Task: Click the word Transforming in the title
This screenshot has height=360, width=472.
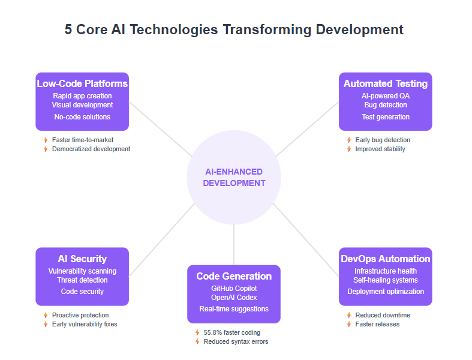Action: coord(267,30)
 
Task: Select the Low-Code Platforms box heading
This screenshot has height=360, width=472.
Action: coord(82,83)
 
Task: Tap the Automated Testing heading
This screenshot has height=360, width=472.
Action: coord(386,83)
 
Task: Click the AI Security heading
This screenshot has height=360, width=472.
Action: coord(82,259)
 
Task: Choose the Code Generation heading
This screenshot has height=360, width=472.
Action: coord(234,276)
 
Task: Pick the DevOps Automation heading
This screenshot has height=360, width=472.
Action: coord(386,259)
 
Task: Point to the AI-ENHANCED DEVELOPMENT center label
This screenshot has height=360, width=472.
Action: coord(234,178)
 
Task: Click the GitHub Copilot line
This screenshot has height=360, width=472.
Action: coord(234,289)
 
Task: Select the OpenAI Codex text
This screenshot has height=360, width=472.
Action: coord(234,298)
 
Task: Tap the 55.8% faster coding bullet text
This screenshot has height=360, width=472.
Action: coord(232,332)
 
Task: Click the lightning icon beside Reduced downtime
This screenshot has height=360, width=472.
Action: coord(349,315)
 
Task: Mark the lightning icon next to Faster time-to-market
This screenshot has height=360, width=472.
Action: coord(46,140)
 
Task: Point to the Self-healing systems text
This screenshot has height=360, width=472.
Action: coord(386,280)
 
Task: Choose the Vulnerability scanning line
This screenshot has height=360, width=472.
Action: coord(82,271)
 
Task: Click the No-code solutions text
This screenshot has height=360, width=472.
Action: coord(82,117)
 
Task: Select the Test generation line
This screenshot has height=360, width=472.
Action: coord(386,117)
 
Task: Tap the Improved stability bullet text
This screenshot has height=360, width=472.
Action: coord(380,149)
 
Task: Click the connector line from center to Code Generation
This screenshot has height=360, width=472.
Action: coord(234,245)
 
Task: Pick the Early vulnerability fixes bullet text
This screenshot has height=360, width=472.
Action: coord(85,324)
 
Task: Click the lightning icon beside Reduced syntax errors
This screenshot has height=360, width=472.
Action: coord(197,341)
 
